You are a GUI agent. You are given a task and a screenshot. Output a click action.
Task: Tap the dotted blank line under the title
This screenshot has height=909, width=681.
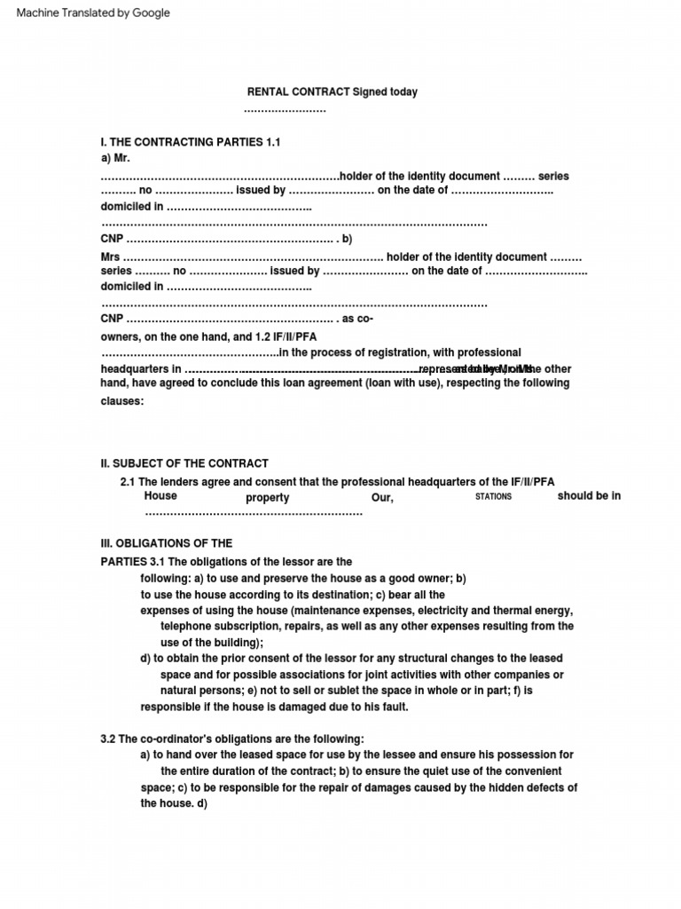click(285, 109)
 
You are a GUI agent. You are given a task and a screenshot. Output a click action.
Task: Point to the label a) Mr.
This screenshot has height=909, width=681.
click(115, 158)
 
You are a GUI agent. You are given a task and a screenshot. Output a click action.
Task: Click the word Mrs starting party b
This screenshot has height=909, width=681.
click(110, 257)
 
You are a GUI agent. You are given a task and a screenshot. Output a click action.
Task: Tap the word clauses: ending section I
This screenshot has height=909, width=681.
click(121, 401)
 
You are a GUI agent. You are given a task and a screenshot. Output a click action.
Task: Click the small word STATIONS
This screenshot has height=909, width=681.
click(493, 497)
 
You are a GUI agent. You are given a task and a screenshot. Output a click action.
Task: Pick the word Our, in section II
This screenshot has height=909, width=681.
click(382, 498)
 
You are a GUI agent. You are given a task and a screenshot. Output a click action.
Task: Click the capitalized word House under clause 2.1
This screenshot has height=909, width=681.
click(160, 496)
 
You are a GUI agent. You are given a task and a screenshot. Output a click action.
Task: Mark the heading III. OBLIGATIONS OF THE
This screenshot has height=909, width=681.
click(167, 543)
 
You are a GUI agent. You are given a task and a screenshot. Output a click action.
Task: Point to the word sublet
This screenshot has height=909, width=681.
click(372, 690)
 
